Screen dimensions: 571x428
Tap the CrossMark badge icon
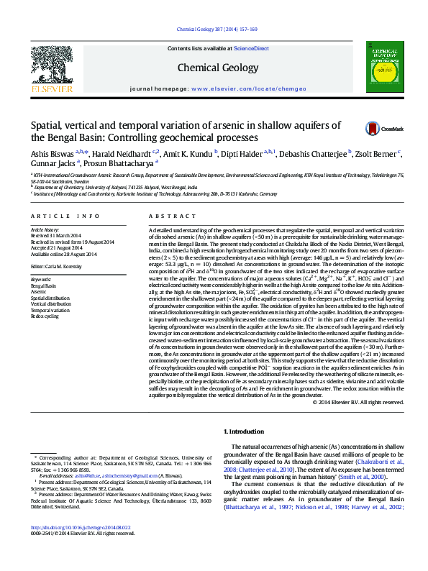tap(373, 129)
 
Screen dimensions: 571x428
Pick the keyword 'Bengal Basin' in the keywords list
tap(43, 286)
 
